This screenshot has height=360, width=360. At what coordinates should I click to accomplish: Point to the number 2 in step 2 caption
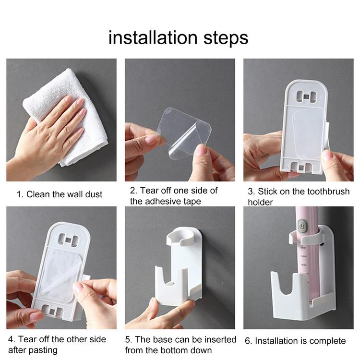tap(132, 191)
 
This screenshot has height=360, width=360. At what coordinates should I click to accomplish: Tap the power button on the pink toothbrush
tap(301, 226)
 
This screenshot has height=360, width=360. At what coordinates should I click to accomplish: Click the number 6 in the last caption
tap(248, 341)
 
